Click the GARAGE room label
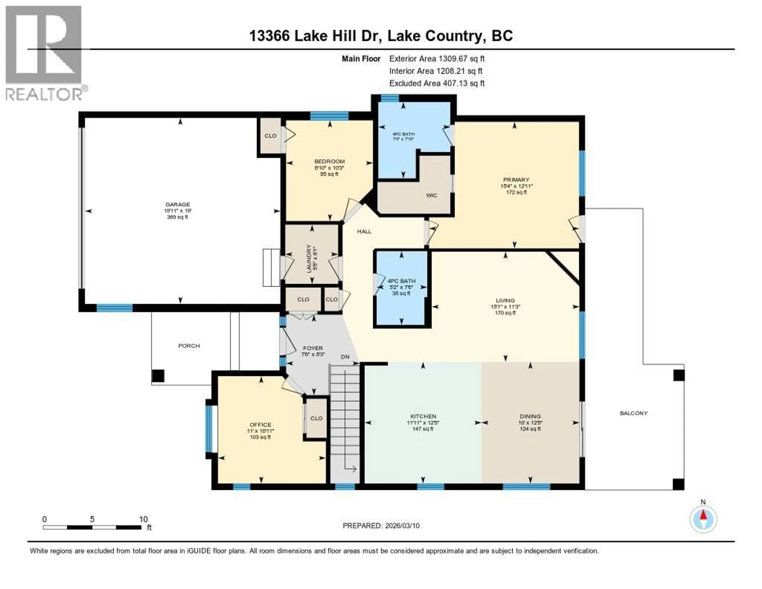[178, 204]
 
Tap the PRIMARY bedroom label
[516, 180]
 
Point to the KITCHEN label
[423, 416]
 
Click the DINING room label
[530, 416]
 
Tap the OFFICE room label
[260, 425]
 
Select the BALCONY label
[634, 413]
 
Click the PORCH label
[189, 346]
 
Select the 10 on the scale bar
[143, 519]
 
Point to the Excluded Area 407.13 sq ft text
[437, 83]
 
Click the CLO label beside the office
[316, 418]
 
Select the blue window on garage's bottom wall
[114, 308]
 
